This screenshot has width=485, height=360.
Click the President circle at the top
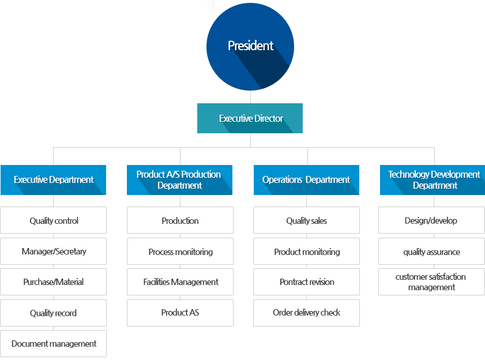coord(250,47)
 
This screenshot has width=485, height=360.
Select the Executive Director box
coord(250,118)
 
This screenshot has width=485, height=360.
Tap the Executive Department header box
coord(53,180)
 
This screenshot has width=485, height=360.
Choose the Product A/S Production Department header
coord(179,180)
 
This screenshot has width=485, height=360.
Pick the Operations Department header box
coord(306,180)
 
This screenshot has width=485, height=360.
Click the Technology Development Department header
coord(433,180)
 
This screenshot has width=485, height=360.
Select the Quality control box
coord(53,220)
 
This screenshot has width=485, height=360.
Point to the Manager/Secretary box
coord(53,251)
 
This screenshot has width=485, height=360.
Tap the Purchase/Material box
coord(53,282)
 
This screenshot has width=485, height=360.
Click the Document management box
coord(53,344)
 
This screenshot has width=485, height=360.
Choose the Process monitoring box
coord(180,251)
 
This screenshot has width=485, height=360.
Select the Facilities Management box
coord(180,282)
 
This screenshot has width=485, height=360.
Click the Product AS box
coord(180,313)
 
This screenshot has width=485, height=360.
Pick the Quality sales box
coord(307,220)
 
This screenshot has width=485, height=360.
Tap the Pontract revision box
coord(307,282)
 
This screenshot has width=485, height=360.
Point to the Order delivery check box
coord(307,313)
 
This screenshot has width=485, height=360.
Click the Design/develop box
coord(432,220)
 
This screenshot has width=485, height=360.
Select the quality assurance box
coord(432,251)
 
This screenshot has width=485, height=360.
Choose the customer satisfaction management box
coord(432,282)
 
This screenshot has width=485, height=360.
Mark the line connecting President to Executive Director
coord(250,97)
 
